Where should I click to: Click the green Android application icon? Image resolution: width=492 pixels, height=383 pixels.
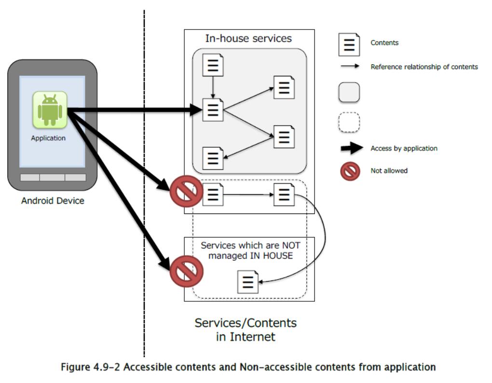(50, 110)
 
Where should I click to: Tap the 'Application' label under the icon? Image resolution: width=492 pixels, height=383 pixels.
(48, 138)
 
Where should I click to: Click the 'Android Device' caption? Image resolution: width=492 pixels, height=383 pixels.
(53, 200)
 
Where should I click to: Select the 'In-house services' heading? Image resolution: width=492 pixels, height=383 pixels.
(248, 38)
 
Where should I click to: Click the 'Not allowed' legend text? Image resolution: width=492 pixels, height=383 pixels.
(389, 170)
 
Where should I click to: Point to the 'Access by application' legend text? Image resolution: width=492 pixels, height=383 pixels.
(404, 148)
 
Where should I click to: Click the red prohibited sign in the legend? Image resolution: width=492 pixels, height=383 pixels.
(350, 171)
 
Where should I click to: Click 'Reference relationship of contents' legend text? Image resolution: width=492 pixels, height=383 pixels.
(424, 67)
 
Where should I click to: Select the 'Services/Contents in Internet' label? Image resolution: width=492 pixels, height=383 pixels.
(246, 329)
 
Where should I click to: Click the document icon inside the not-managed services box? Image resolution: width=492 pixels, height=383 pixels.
(248, 282)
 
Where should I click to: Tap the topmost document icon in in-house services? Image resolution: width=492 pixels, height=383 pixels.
(213, 65)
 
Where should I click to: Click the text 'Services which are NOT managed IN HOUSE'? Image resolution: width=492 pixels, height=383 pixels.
(246, 250)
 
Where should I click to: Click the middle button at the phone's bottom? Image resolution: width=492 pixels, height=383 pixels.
(53, 177)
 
